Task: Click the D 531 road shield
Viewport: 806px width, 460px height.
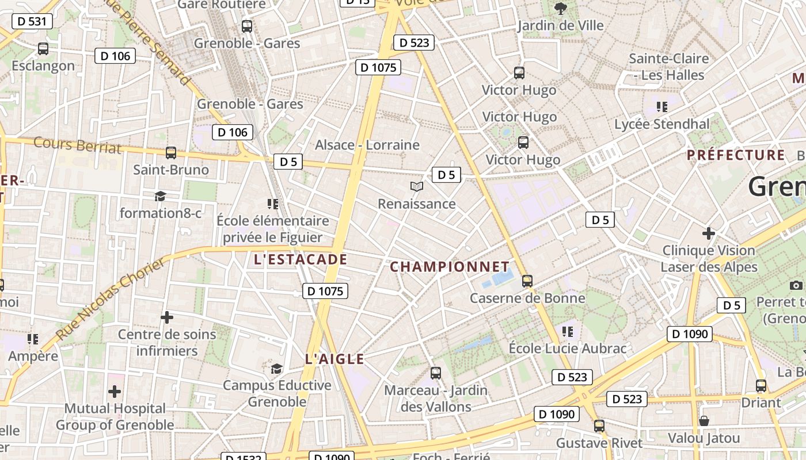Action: tap(32, 21)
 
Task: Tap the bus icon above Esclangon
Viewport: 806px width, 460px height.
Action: tap(43, 49)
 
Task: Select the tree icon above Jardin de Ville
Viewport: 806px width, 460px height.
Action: tap(560, 8)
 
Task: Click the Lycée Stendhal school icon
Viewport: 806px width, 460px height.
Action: tap(661, 106)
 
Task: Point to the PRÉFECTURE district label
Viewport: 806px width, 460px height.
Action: tap(736, 155)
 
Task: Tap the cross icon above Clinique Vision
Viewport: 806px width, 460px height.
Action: tap(708, 233)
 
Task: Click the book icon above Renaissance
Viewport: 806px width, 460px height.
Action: tap(416, 186)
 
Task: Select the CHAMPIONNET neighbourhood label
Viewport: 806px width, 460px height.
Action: tap(450, 267)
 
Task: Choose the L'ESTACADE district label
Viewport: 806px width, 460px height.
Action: tap(301, 259)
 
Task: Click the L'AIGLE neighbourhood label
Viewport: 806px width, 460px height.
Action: tap(334, 359)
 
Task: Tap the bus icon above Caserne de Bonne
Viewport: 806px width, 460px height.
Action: tap(527, 281)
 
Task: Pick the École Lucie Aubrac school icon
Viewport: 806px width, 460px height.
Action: tap(567, 331)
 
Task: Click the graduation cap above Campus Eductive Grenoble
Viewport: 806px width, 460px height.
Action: tap(277, 368)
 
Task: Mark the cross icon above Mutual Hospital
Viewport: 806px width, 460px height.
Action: tap(115, 392)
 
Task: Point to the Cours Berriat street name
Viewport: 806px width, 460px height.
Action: tap(78, 145)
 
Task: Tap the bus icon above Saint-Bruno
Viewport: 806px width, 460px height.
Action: tap(171, 153)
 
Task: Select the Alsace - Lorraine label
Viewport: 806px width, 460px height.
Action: tap(367, 145)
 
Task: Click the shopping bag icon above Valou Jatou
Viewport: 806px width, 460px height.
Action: tap(704, 421)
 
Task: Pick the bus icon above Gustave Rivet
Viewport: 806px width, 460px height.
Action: tap(599, 426)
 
